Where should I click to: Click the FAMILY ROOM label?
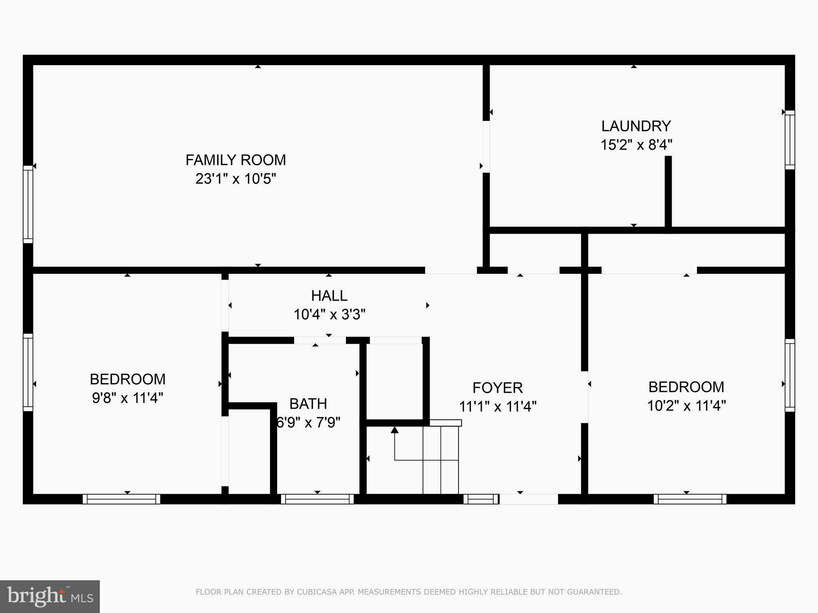click(x=236, y=160)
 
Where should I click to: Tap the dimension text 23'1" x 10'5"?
click(x=236, y=179)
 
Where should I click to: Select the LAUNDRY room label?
click(x=636, y=126)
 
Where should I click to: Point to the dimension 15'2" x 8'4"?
click(x=636, y=144)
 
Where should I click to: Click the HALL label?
click(x=329, y=296)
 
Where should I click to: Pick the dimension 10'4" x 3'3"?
click(x=329, y=314)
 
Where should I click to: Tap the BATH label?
click(x=308, y=404)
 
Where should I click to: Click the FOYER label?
click(x=497, y=388)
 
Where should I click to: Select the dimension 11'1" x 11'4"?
click(x=497, y=407)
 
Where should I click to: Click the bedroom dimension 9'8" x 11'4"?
click(x=127, y=398)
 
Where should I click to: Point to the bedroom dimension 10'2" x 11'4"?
click(x=686, y=406)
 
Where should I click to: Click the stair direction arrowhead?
click(x=395, y=430)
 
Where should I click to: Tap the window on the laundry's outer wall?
click(x=790, y=140)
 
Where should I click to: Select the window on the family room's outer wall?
click(x=28, y=204)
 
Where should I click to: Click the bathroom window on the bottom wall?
click(x=317, y=499)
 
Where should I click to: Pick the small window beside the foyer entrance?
click(x=481, y=499)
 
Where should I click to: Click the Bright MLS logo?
click(x=50, y=596)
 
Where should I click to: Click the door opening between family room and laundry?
click(x=486, y=147)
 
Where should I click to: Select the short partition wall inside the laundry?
click(x=668, y=192)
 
